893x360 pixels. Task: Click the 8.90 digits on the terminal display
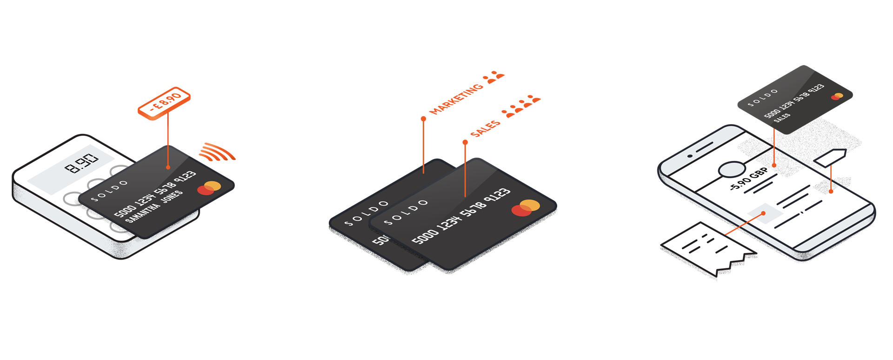(x=82, y=162)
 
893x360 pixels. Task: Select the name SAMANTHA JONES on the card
(x=154, y=207)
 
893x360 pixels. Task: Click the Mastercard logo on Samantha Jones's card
(x=209, y=188)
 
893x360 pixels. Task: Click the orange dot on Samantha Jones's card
(x=168, y=167)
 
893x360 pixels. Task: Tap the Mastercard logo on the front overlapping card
(x=526, y=208)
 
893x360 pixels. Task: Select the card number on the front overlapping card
(x=461, y=216)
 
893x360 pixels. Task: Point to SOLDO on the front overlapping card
(x=406, y=212)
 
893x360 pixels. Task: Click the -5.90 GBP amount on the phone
(x=748, y=180)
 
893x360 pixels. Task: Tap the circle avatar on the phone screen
(x=732, y=170)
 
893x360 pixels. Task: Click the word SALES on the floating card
(x=782, y=117)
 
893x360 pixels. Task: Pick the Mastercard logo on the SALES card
(x=837, y=96)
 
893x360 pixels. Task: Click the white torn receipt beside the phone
(x=707, y=250)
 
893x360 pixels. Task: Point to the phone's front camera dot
(x=691, y=155)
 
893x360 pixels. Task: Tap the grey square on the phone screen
(x=765, y=213)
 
